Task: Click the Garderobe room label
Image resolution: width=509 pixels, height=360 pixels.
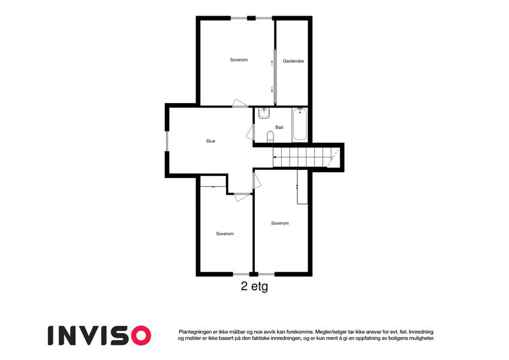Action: point(293,61)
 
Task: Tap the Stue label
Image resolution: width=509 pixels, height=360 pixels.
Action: point(210,141)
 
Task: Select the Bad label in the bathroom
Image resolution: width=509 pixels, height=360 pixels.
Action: point(279,127)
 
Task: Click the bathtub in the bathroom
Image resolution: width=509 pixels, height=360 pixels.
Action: point(300,125)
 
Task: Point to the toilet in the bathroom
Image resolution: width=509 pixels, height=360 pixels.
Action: point(270,137)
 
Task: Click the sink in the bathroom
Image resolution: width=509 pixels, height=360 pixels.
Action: point(264,113)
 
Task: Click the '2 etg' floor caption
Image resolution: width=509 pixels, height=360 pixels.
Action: point(254,287)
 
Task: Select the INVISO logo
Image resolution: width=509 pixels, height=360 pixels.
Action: point(100,335)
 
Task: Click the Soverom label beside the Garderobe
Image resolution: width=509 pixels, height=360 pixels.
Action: point(239,60)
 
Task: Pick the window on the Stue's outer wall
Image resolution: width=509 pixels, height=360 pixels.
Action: point(167,141)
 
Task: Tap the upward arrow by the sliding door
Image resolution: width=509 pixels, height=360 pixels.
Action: point(272,63)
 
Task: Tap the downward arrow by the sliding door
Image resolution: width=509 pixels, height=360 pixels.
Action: point(272,89)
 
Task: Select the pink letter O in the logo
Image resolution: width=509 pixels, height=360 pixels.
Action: point(141,335)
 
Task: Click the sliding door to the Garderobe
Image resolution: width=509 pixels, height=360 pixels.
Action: point(275,76)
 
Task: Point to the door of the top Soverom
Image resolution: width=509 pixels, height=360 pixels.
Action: point(240,103)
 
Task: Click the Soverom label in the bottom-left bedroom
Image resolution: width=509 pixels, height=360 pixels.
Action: point(225,233)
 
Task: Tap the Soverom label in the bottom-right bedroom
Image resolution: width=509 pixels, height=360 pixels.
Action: point(280,223)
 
